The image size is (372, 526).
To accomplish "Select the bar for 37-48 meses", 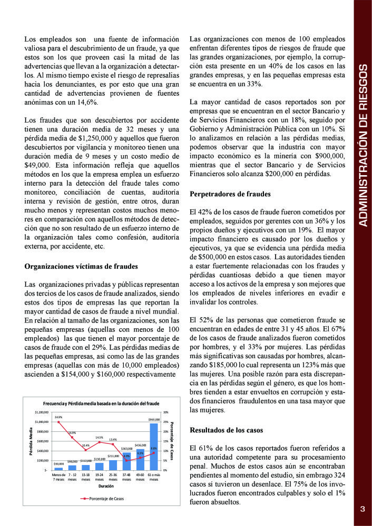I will (x=126, y=462).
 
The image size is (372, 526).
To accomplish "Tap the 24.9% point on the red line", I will (x=58, y=422).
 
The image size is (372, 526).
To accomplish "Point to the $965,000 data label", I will (x=154, y=420).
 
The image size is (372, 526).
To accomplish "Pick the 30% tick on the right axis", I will (x=166, y=412).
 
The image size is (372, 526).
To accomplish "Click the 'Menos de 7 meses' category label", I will (x=58, y=477).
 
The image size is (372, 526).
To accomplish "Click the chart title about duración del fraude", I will (x=101, y=403).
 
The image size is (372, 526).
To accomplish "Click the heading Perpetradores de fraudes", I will (x=230, y=194).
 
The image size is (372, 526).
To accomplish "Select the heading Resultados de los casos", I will (x=226, y=430).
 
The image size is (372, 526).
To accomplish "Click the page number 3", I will (x=363, y=509).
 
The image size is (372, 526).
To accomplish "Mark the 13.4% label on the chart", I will (x=113, y=439).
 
